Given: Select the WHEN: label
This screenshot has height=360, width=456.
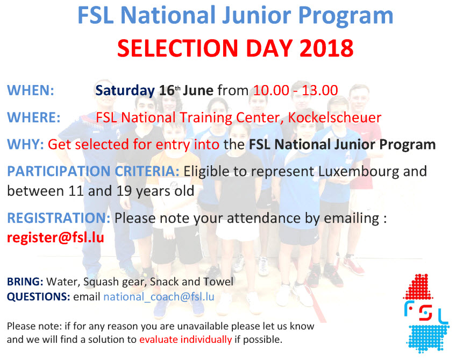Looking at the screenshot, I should pyautogui.click(x=30, y=90).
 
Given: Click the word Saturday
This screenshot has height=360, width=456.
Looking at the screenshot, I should pyautogui.click(x=125, y=90).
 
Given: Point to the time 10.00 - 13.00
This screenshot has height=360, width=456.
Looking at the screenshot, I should pyautogui.click(x=296, y=90).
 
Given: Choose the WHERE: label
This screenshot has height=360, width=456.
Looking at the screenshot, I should pyautogui.click(x=33, y=117).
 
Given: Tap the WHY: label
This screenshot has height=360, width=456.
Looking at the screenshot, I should pyautogui.click(x=25, y=145).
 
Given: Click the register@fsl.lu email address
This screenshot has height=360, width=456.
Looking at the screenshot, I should pyautogui.click(x=55, y=237).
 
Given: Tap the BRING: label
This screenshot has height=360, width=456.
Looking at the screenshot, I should pyautogui.click(x=25, y=282).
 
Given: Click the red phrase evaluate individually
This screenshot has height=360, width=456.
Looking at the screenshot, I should pyautogui.click(x=186, y=340).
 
